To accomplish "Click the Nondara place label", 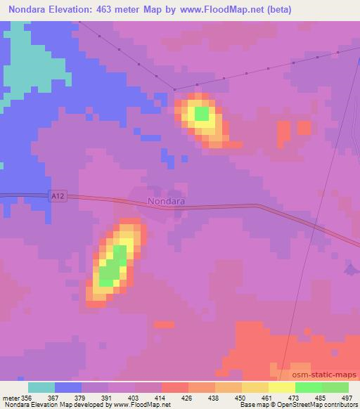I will coord(167,201).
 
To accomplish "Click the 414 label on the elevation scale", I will coord(161,398).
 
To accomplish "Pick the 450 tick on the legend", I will coord(240,398).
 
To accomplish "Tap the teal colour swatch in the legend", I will coord(41,387).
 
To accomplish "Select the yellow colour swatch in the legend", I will coord(282,387).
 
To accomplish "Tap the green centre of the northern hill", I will coord(201,113).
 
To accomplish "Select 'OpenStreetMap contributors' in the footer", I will coord(320,405).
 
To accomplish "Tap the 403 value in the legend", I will coord(134,398).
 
